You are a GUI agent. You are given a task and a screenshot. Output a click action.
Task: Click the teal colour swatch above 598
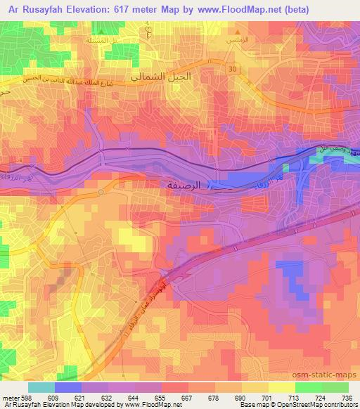pyautogui.click(x=41, y=387)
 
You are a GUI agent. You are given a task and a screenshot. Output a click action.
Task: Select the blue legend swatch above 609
pyautogui.click(x=68, y=387)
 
